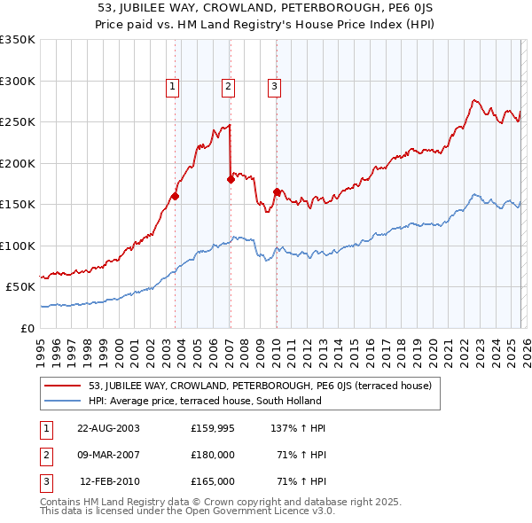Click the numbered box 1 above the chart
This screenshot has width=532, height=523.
[171, 86]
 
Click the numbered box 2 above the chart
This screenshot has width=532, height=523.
[228, 86]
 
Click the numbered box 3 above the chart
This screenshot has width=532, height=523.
[274, 86]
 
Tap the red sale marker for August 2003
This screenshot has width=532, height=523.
[176, 197]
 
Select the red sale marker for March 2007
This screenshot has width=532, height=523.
[231, 179]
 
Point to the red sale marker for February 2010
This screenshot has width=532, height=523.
[277, 191]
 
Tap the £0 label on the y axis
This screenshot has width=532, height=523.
[27, 328]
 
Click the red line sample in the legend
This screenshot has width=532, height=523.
[62, 386]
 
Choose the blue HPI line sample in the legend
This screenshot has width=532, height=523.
[62, 401]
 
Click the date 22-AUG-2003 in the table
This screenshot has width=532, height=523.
[108, 427]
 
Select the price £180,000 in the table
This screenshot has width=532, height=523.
[213, 455]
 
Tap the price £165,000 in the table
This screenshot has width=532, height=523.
[213, 481]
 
